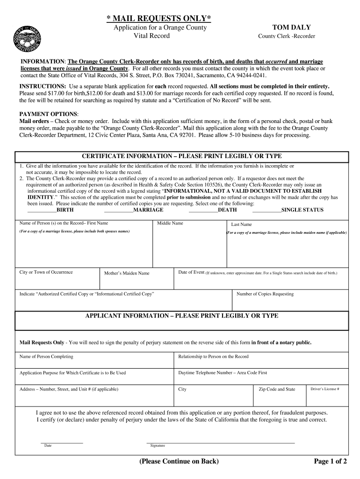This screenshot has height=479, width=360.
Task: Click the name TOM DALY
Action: coord(288,28)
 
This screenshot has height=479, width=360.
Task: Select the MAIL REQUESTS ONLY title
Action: coord(158,18)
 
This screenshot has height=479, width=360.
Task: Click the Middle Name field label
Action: coord(170,223)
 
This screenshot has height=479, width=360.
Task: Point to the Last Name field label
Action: coord(241,225)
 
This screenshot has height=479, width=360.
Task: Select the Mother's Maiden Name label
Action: coord(127,273)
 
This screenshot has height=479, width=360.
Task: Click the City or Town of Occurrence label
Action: coord(46,272)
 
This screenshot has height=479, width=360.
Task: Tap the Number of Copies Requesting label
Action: coord(265,294)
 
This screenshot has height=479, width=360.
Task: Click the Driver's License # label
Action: coord(325,389)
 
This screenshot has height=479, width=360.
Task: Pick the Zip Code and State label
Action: coord(277,389)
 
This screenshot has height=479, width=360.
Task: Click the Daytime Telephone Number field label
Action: coord(223,373)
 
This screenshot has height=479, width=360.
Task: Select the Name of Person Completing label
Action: coord(46,356)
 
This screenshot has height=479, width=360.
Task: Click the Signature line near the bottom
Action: coord(220,442)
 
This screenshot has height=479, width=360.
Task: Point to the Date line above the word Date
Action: coord(62,442)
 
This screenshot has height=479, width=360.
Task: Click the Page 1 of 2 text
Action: coord(330,462)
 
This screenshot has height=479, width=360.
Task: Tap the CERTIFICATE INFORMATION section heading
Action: coord(182,156)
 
